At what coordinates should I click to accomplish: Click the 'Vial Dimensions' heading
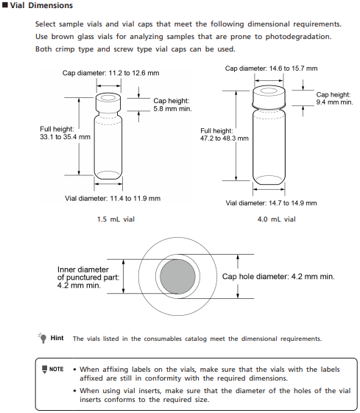click(x=41, y=5)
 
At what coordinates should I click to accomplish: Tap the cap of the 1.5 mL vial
click(x=108, y=103)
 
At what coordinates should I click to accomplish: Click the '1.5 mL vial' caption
click(x=116, y=219)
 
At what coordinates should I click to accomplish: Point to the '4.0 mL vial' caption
click(x=277, y=219)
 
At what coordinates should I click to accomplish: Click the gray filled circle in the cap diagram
click(x=177, y=277)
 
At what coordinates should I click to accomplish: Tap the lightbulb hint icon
click(x=43, y=338)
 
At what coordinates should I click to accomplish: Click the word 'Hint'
click(x=57, y=338)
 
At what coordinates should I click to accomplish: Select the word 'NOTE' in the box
click(x=57, y=370)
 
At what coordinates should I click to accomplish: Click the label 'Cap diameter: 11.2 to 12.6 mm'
click(x=111, y=73)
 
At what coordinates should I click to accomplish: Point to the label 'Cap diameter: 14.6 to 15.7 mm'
click(x=271, y=68)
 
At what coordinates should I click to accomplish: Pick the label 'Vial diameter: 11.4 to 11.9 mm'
click(x=113, y=198)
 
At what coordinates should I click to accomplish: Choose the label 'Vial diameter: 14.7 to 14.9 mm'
click(x=271, y=203)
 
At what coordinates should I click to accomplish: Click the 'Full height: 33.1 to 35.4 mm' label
click(x=65, y=133)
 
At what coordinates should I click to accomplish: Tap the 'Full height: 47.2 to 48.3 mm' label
click(x=225, y=135)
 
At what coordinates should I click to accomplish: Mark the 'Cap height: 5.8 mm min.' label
click(x=173, y=105)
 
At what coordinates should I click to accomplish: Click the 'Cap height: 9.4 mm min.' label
click(x=334, y=99)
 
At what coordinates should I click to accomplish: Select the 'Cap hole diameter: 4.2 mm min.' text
click(x=278, y=277)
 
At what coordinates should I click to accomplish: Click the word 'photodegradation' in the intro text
click(x=298, y=37)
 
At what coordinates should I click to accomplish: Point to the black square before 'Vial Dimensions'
click(x=5, y=5)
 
